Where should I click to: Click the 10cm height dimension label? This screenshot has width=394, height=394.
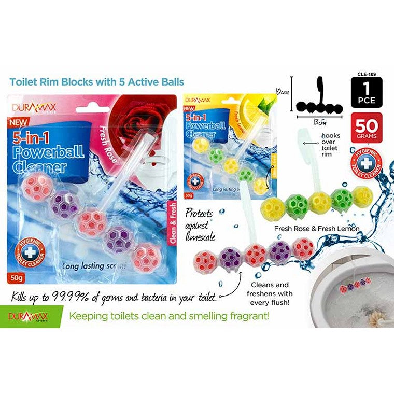(283, 91)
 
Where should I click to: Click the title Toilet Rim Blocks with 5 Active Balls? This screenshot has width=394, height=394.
(96, 82)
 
